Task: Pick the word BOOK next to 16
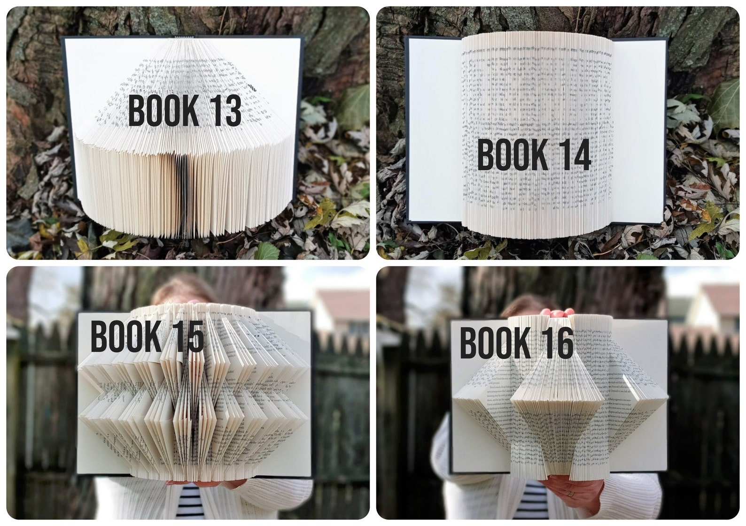(495, 343)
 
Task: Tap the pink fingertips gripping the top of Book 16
(556, 312)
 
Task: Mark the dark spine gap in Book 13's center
(182, 197)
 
